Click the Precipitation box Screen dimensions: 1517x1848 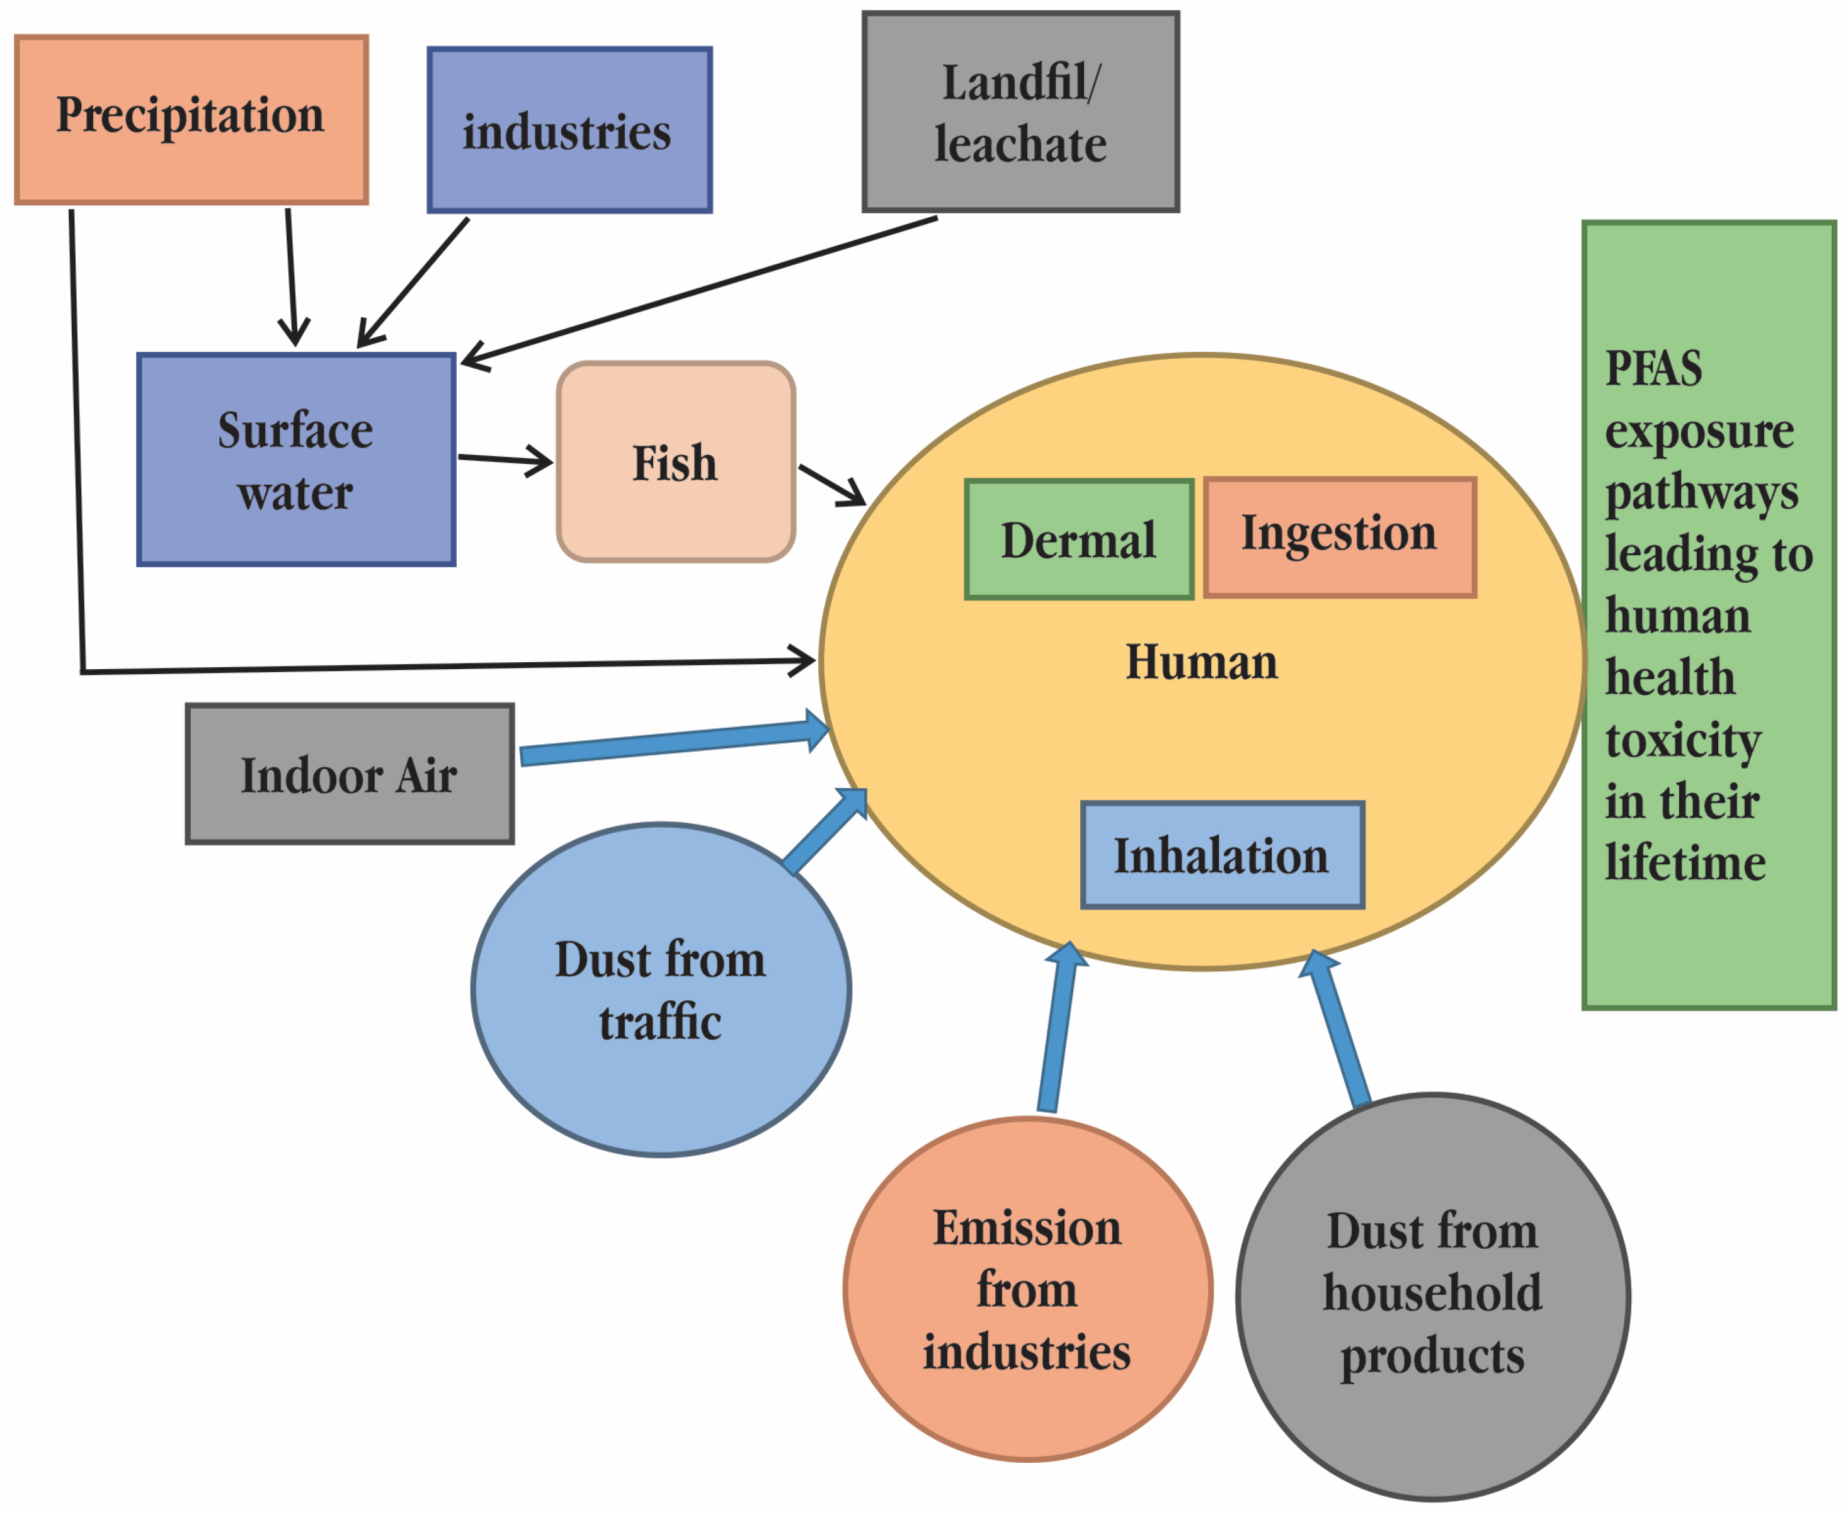coord(191,120)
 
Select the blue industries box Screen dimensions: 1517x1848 coord(569,130)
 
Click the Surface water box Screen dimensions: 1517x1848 coord(295,460)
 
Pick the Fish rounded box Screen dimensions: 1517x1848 coord(675,461)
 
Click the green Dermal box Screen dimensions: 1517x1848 coord(1078,539)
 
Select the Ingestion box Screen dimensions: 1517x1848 coord(1338,536)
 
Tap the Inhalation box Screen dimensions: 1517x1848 coord(1221,855)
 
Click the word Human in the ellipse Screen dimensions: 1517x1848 coord(1201,662)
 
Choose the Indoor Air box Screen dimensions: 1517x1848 coord(349,774)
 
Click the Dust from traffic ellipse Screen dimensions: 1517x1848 coord(660,990)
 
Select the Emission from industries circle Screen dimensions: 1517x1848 coord(1027,1289)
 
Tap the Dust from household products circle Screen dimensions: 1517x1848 coord(1432,1297)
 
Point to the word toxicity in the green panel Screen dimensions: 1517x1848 coord(1682,740)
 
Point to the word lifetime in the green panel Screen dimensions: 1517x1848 coord(1684,864)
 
